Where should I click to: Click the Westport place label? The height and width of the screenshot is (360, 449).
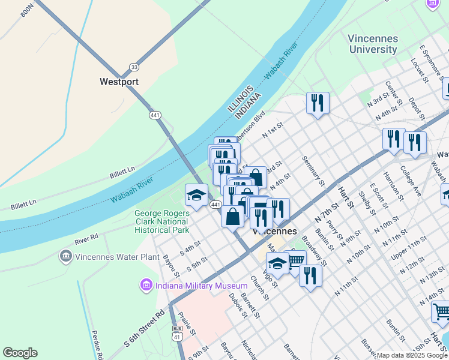119,82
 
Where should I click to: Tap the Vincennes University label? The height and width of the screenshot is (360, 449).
373,44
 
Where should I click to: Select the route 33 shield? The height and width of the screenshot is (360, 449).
134,67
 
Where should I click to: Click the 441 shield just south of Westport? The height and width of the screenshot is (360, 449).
155,115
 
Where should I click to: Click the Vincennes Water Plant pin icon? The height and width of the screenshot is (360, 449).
65,257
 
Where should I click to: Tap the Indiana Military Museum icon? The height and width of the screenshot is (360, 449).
146,286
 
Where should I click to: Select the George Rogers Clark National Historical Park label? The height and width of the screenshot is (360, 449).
161,221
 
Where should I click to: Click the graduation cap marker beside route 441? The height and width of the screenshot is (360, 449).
196,195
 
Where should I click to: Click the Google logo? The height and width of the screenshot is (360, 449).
20,353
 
